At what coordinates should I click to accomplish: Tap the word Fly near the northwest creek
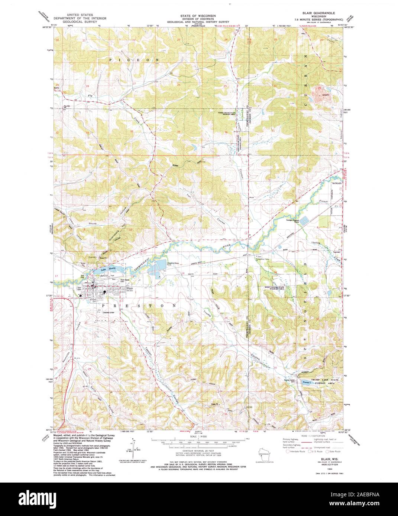coord(90,96)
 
